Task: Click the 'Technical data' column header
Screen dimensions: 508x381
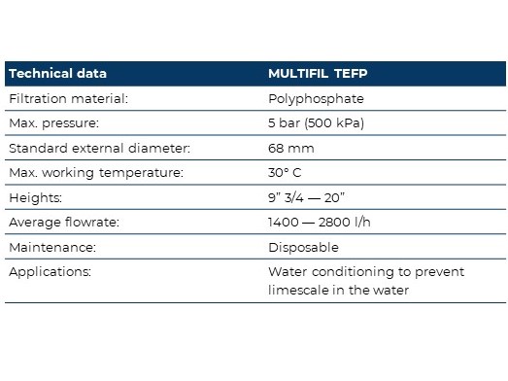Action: click(57, 73)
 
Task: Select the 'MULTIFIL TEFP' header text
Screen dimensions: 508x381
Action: click(318, 74)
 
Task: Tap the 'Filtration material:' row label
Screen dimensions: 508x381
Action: click(68, 98)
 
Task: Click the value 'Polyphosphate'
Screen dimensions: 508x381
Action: click(316, 99)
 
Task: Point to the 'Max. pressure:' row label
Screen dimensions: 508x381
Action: click(53, 123)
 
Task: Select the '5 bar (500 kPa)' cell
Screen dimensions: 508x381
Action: click(317, 123)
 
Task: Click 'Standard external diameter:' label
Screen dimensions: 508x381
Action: click(99, 148)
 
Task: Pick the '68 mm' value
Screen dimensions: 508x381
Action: click(291, 149)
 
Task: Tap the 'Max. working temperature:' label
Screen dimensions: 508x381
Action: click(96, 173)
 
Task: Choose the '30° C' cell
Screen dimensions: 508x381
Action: click(285, 172)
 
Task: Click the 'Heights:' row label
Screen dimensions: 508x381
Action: click(35, 198)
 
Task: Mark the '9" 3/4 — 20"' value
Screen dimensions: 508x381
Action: click(306, 197)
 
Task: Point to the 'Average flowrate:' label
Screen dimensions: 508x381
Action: click(64, 223)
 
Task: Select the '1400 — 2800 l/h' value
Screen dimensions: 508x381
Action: click(320, 223)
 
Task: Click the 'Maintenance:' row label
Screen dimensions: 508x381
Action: click(52, 248)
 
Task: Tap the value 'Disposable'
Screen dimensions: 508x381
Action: click(303, 248)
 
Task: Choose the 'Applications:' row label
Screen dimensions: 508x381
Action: click(50, 272)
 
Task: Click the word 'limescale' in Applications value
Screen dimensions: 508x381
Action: click(298, 291)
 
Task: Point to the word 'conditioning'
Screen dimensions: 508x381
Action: click(353, 272)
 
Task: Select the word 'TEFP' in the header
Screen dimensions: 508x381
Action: click(351, 74)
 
